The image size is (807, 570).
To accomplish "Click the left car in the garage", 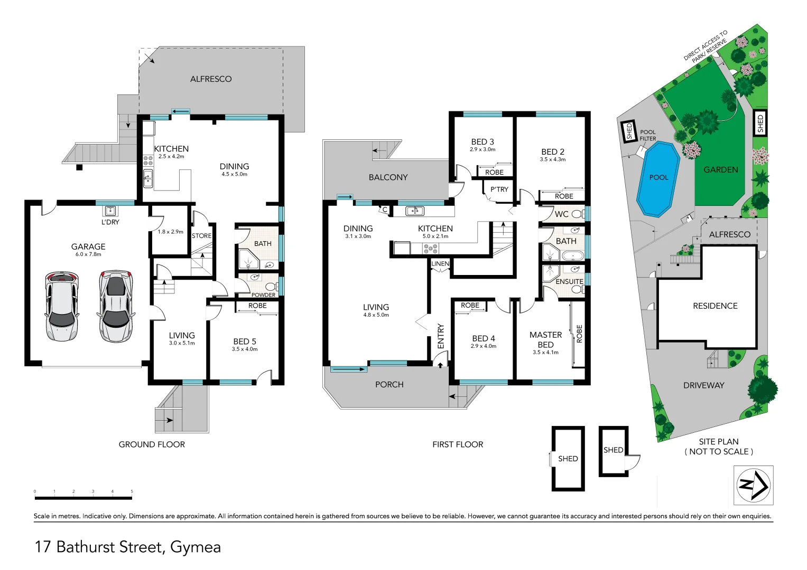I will tap(62, 306).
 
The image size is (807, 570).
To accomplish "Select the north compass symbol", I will tap(754, 485).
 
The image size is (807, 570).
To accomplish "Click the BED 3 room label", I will tap(482, 142).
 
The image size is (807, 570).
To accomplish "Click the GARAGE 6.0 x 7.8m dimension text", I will tap(88, 254).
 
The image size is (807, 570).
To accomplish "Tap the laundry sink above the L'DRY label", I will tap(110, 211).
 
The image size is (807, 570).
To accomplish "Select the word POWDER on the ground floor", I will tap(263, 295).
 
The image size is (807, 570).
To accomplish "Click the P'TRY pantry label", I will tap(499, 189).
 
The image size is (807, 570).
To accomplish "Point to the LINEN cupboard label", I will tap(440, 264).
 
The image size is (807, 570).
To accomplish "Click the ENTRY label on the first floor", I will tap(441, 336).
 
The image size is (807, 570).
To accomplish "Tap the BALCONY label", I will tap(388, 177).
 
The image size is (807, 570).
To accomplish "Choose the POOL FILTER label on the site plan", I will tap(647, 136).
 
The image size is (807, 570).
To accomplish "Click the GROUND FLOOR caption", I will tap(152, 444).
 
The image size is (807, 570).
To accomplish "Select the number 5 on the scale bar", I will tap(132, 491).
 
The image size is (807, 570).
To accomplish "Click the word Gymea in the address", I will tap(195, 547).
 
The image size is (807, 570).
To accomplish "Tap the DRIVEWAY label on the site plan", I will tap(703, 385).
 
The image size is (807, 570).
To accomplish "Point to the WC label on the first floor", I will tap(561, 214).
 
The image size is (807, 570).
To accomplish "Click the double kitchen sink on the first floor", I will tap(414, 211).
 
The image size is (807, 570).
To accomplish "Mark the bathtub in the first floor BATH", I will tap(572, 256).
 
